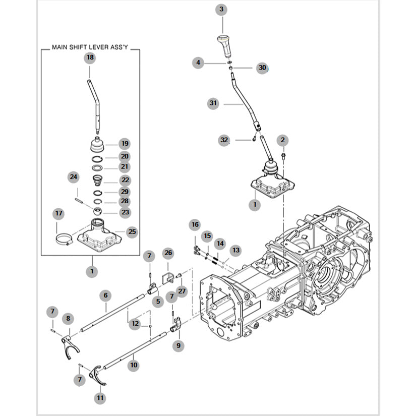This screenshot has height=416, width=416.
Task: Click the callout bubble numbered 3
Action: [x=221, y=10]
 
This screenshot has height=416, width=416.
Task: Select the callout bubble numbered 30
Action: [x=262, y=68]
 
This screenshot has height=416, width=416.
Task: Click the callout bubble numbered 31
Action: [x=213, y=103]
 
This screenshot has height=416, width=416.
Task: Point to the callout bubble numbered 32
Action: [x=224, y=140]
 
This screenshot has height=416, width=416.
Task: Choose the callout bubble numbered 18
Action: [x=90, y=57]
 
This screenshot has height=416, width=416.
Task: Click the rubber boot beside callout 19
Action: [x=97, y=145]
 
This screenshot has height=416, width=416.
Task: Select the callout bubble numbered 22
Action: [x=125, y=180]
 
